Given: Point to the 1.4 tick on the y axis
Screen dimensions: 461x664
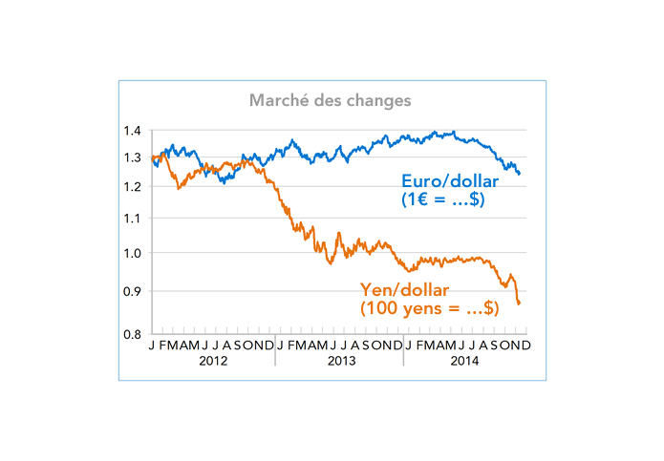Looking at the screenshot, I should (133, 131).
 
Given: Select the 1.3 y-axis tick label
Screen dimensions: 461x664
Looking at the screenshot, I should (133, 158).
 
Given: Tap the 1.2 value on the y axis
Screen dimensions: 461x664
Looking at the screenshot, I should (133, 187).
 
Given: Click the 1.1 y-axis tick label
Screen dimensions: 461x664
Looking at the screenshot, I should (133, 219).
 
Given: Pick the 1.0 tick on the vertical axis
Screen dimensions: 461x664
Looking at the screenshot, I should (133, 254).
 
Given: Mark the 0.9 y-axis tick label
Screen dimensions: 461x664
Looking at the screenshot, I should (133, 291).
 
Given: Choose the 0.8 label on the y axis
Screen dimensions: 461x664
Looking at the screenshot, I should (133, 334).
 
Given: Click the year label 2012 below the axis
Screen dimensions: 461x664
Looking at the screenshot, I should (213, 361).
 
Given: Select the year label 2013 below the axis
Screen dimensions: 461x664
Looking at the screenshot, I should (340, 361).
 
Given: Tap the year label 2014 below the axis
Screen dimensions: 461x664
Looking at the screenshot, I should (467, 361).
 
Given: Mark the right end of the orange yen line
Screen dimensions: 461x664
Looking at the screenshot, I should (519, 304).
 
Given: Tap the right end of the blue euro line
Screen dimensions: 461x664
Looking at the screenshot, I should (520, 174).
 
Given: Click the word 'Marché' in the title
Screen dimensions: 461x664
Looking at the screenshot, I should (275, 100).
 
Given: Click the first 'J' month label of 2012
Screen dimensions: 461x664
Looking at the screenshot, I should (152, 345).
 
